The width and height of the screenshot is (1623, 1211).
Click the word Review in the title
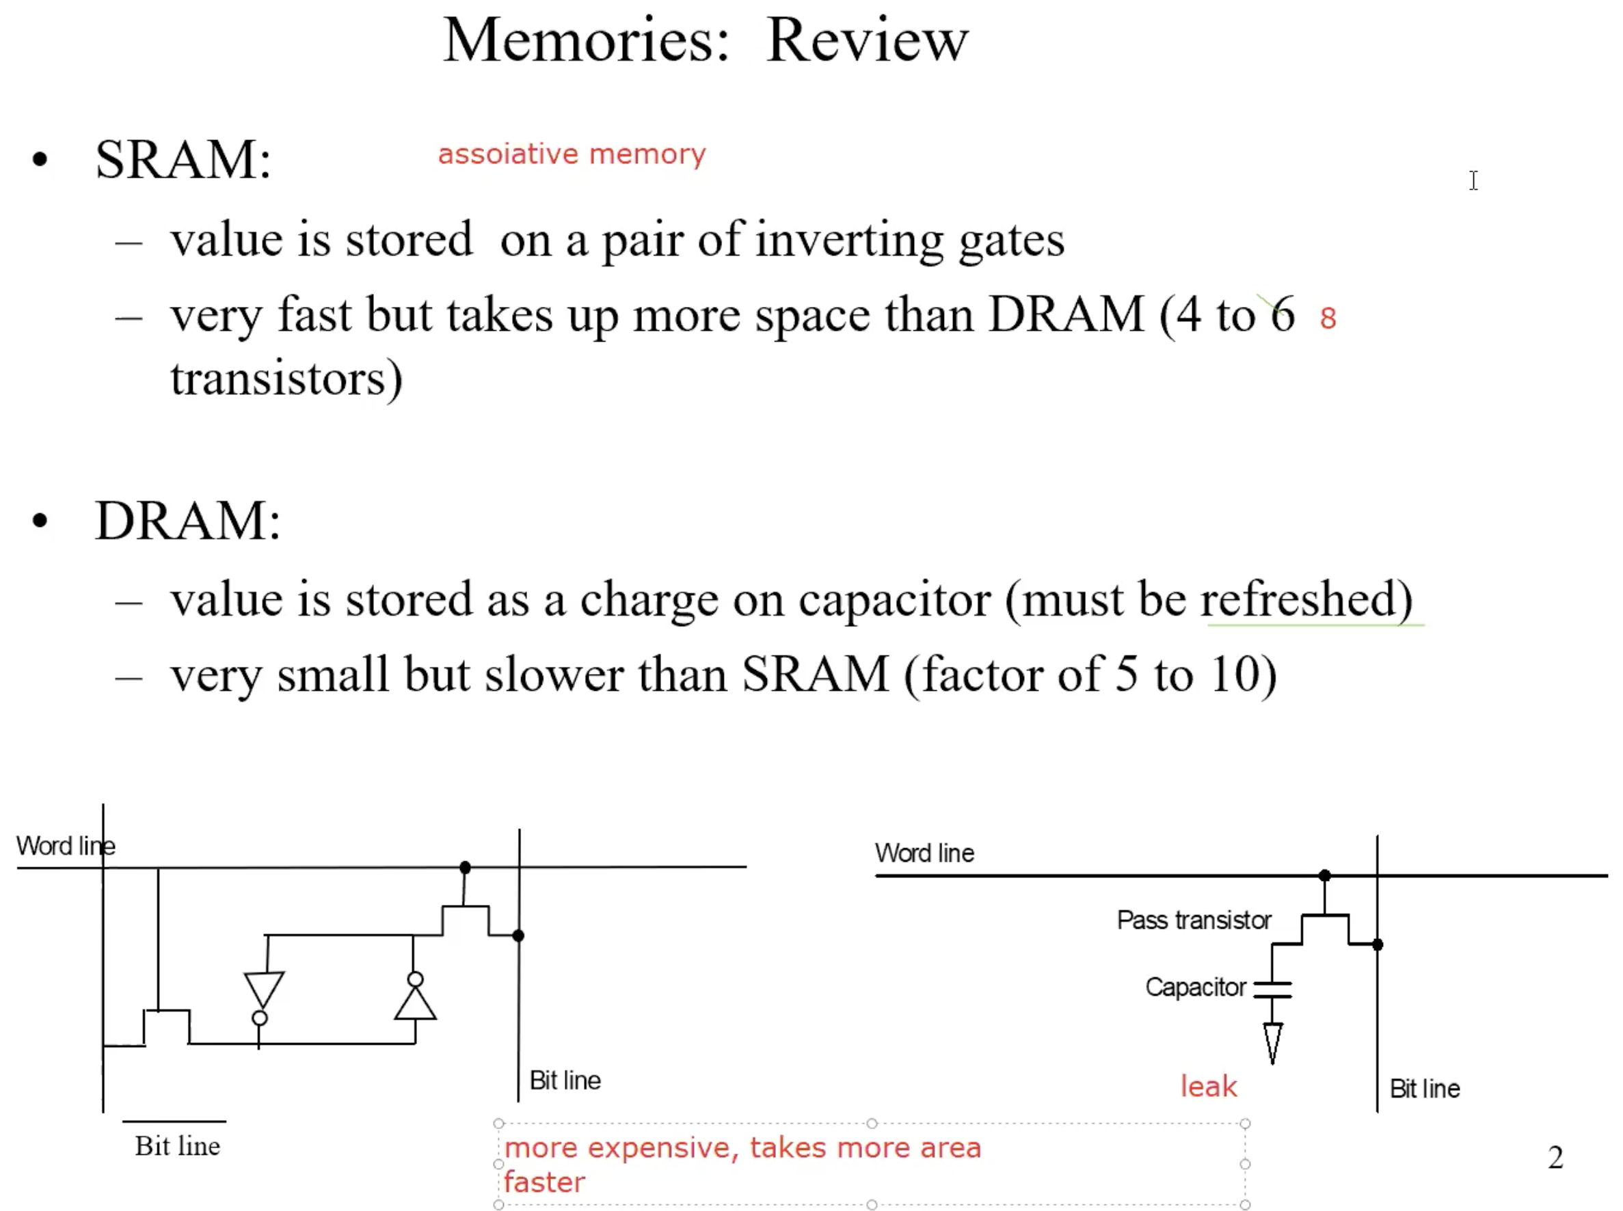[x=867, y=40]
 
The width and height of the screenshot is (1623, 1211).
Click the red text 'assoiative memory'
[x=572, y=154]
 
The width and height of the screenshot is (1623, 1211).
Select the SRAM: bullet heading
[x=183, y=159]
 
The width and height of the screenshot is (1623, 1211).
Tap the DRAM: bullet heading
[x=188, y=521]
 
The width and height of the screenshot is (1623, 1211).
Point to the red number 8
[x=1328, y=318]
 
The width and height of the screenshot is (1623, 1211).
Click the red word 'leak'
[x=1209, y=1086]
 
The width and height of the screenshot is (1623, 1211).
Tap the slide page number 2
[x=1555, y=1158]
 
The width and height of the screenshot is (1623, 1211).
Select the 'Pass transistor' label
[x=1193, y=920]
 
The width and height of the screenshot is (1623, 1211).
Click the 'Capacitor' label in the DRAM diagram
[x=1196, y=988]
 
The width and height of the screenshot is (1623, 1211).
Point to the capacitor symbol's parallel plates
[x=1272, y=990]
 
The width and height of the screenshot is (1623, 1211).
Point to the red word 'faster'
[x=544, y=1182]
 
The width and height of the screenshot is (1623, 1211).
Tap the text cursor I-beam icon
[x=1473, y=180]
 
